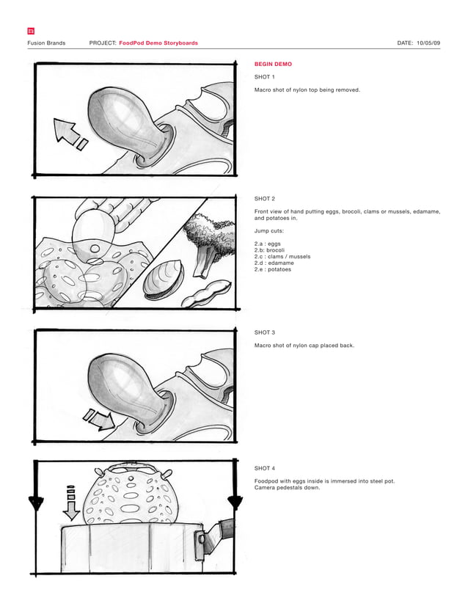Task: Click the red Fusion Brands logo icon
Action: click(x=30, y=31)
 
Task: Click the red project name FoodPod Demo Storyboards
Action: click(x=158, y=43)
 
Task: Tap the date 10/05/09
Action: click(x=428, y=43)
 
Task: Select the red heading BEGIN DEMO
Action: click(x=273, y=65)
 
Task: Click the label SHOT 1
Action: click(x=265, y=77)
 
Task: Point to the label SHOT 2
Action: click(x=265, y=199)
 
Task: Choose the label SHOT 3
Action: click(x=265, y=332)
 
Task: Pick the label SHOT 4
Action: click(x=265, y=468)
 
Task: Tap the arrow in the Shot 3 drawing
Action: click(x=98, y=420)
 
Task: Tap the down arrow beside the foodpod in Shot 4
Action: click(x=70, y=503)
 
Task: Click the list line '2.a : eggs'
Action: click(x=267, y=243)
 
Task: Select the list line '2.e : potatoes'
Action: click(x=273, y=269)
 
